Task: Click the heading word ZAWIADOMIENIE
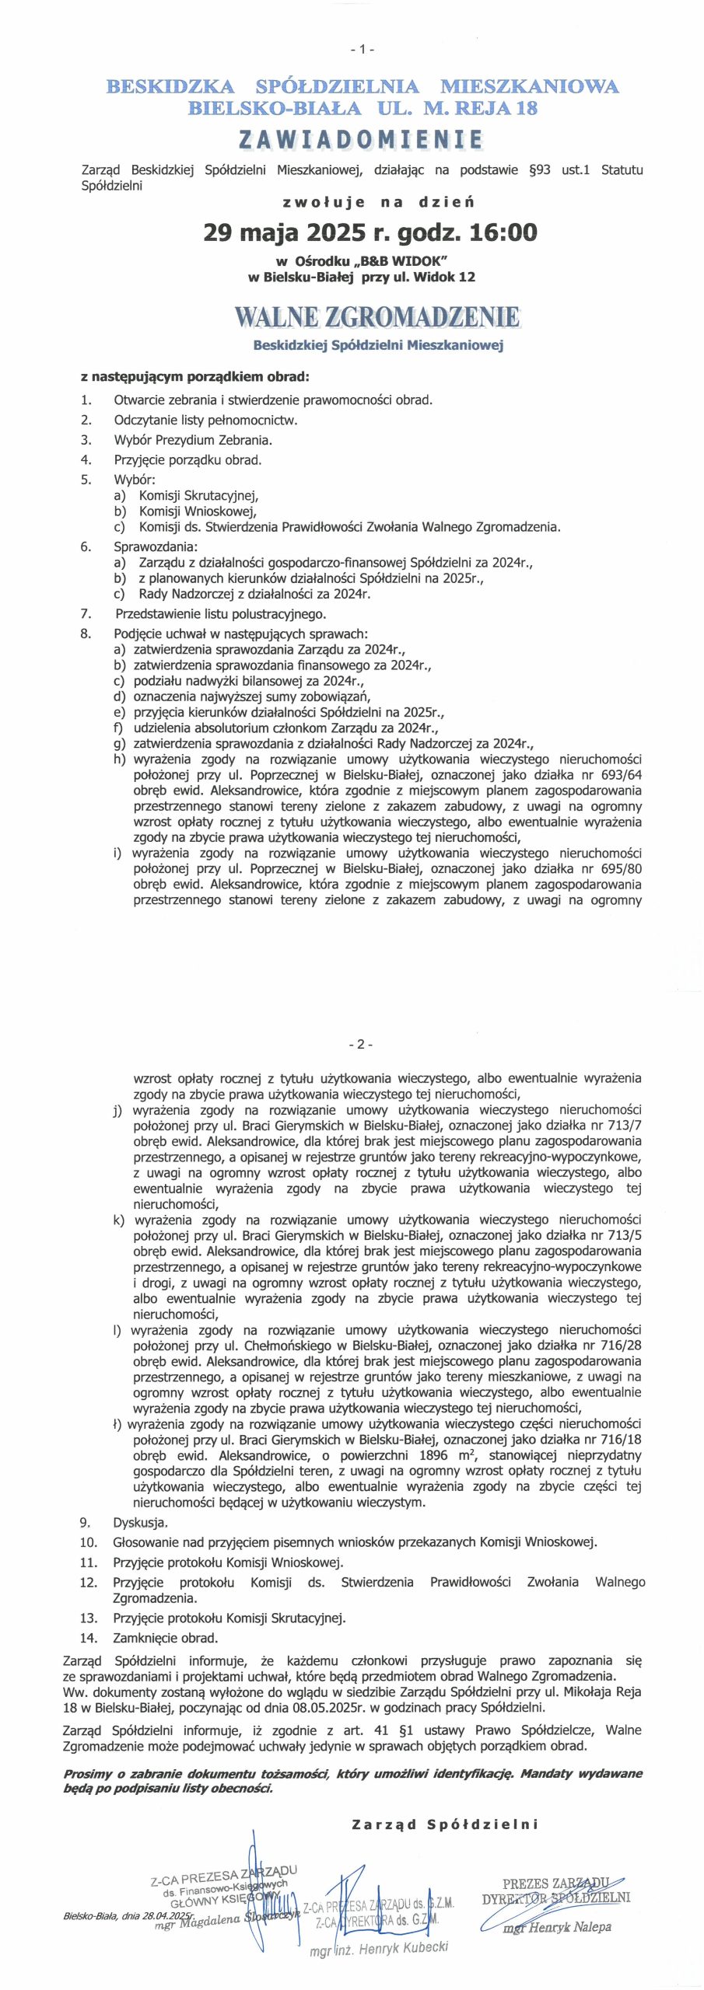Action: (x=361, y=140)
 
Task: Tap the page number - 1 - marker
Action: (x=362, y=49)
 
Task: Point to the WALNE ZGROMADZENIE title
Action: (x=377, y=317)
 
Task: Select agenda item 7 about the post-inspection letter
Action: (x=220, y=614)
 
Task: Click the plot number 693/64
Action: (x=619, y=775)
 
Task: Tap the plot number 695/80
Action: (x=619, y=868)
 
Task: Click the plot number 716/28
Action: (x=619, y=1346)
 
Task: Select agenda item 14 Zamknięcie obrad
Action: (x=165, y=1638)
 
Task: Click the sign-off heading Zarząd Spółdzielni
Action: (x=444, y=1824)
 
